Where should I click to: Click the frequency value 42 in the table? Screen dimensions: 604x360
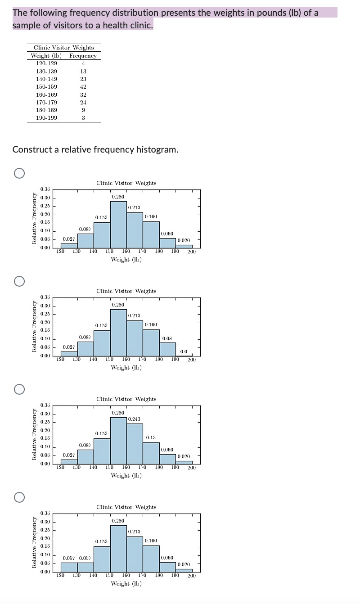pos(83,87)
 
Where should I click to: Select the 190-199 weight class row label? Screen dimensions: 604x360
pos(46,118)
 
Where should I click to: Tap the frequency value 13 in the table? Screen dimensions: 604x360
pos(83,71)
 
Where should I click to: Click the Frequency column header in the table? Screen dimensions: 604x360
pos(83,56)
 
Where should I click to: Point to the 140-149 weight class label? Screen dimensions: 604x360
pos(46,79)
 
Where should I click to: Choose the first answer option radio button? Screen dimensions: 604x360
pos(18,173)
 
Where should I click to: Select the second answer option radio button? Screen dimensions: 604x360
pos(18,281)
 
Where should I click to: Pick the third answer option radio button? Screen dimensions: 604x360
pos(18,389)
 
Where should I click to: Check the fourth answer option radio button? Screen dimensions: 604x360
pos(18,497)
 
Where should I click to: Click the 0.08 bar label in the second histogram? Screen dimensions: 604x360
pos(166,338)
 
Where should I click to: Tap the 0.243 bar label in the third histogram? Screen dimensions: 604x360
pos(135,419)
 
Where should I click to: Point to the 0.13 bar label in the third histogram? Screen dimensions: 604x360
pos(151,437)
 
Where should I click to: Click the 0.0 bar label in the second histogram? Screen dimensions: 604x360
pos(184,352)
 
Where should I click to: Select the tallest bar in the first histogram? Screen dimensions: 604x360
pos(118,225)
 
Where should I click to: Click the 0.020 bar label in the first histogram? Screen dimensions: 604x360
pos(184,240)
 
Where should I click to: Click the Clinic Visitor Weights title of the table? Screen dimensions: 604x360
pos(64,48)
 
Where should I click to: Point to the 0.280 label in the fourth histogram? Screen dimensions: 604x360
pos(118,521)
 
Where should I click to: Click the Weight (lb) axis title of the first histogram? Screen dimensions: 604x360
pos(126,260)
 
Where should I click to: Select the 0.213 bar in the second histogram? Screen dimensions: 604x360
pos(135,338)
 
